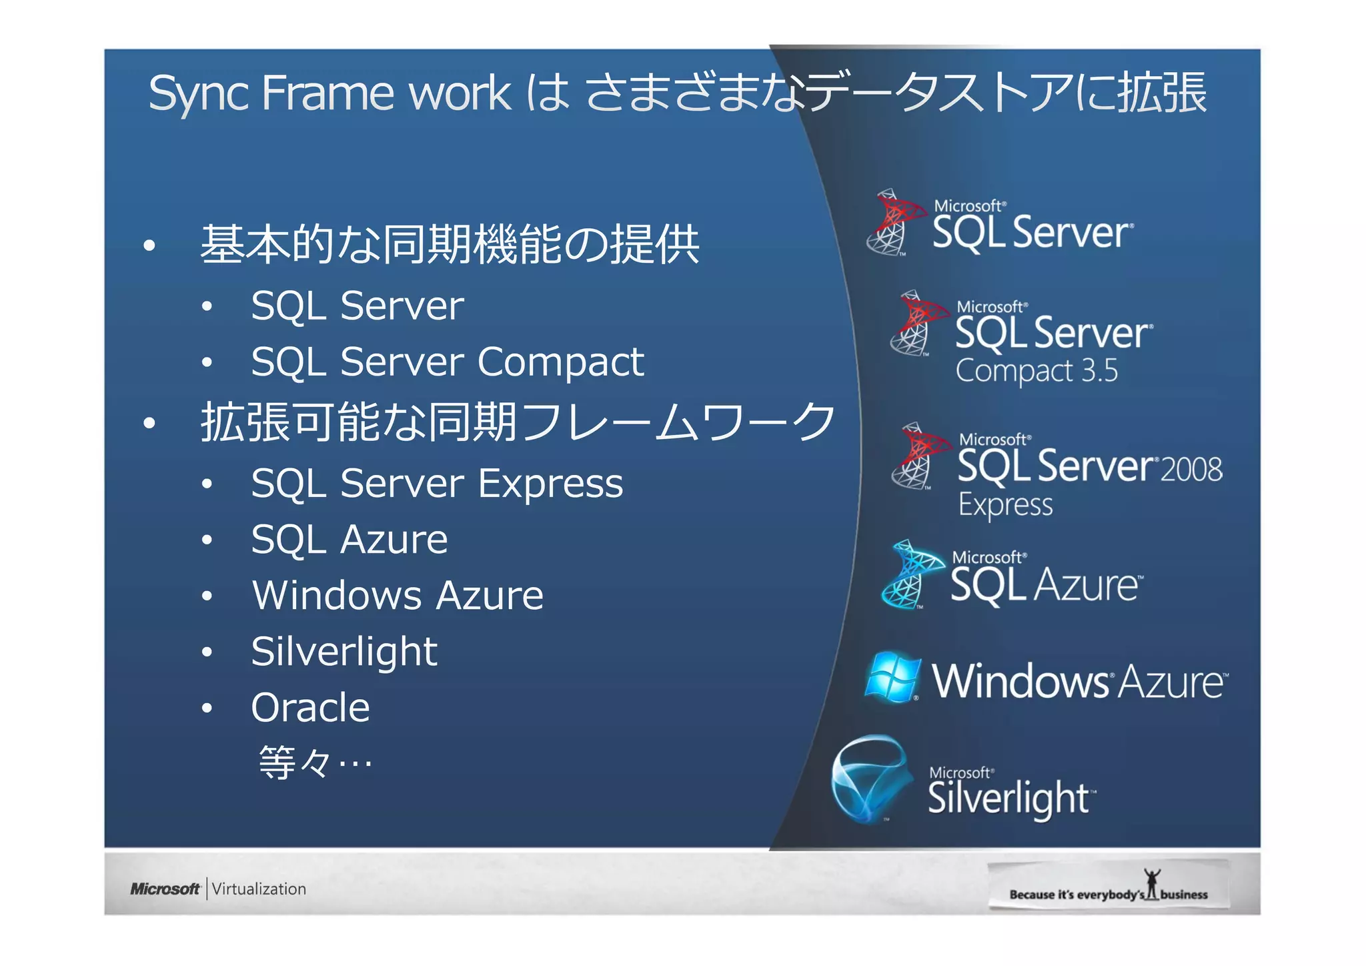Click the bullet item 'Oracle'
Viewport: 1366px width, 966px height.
click(310, 707)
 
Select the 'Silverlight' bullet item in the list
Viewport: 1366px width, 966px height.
click(344, 651)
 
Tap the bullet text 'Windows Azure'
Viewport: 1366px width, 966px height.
click(398, 595)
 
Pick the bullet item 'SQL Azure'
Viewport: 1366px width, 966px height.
click(350, 539)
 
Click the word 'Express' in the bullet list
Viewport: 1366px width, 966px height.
click(550, 484)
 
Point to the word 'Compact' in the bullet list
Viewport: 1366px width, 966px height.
click(561, 362)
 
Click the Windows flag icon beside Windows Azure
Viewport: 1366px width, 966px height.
click(892, 677)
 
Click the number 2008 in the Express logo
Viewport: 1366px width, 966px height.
click(1191, 469)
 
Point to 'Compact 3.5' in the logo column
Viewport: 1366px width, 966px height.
click(1037, 371)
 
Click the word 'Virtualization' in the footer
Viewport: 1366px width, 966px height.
click(259, 889)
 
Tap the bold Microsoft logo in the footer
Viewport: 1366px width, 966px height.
click(165, 889)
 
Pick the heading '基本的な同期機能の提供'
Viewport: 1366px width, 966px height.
click(450, 245)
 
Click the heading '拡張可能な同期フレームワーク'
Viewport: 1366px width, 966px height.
click(518, 422)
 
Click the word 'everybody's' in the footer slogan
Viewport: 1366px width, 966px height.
click(1111, 895)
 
